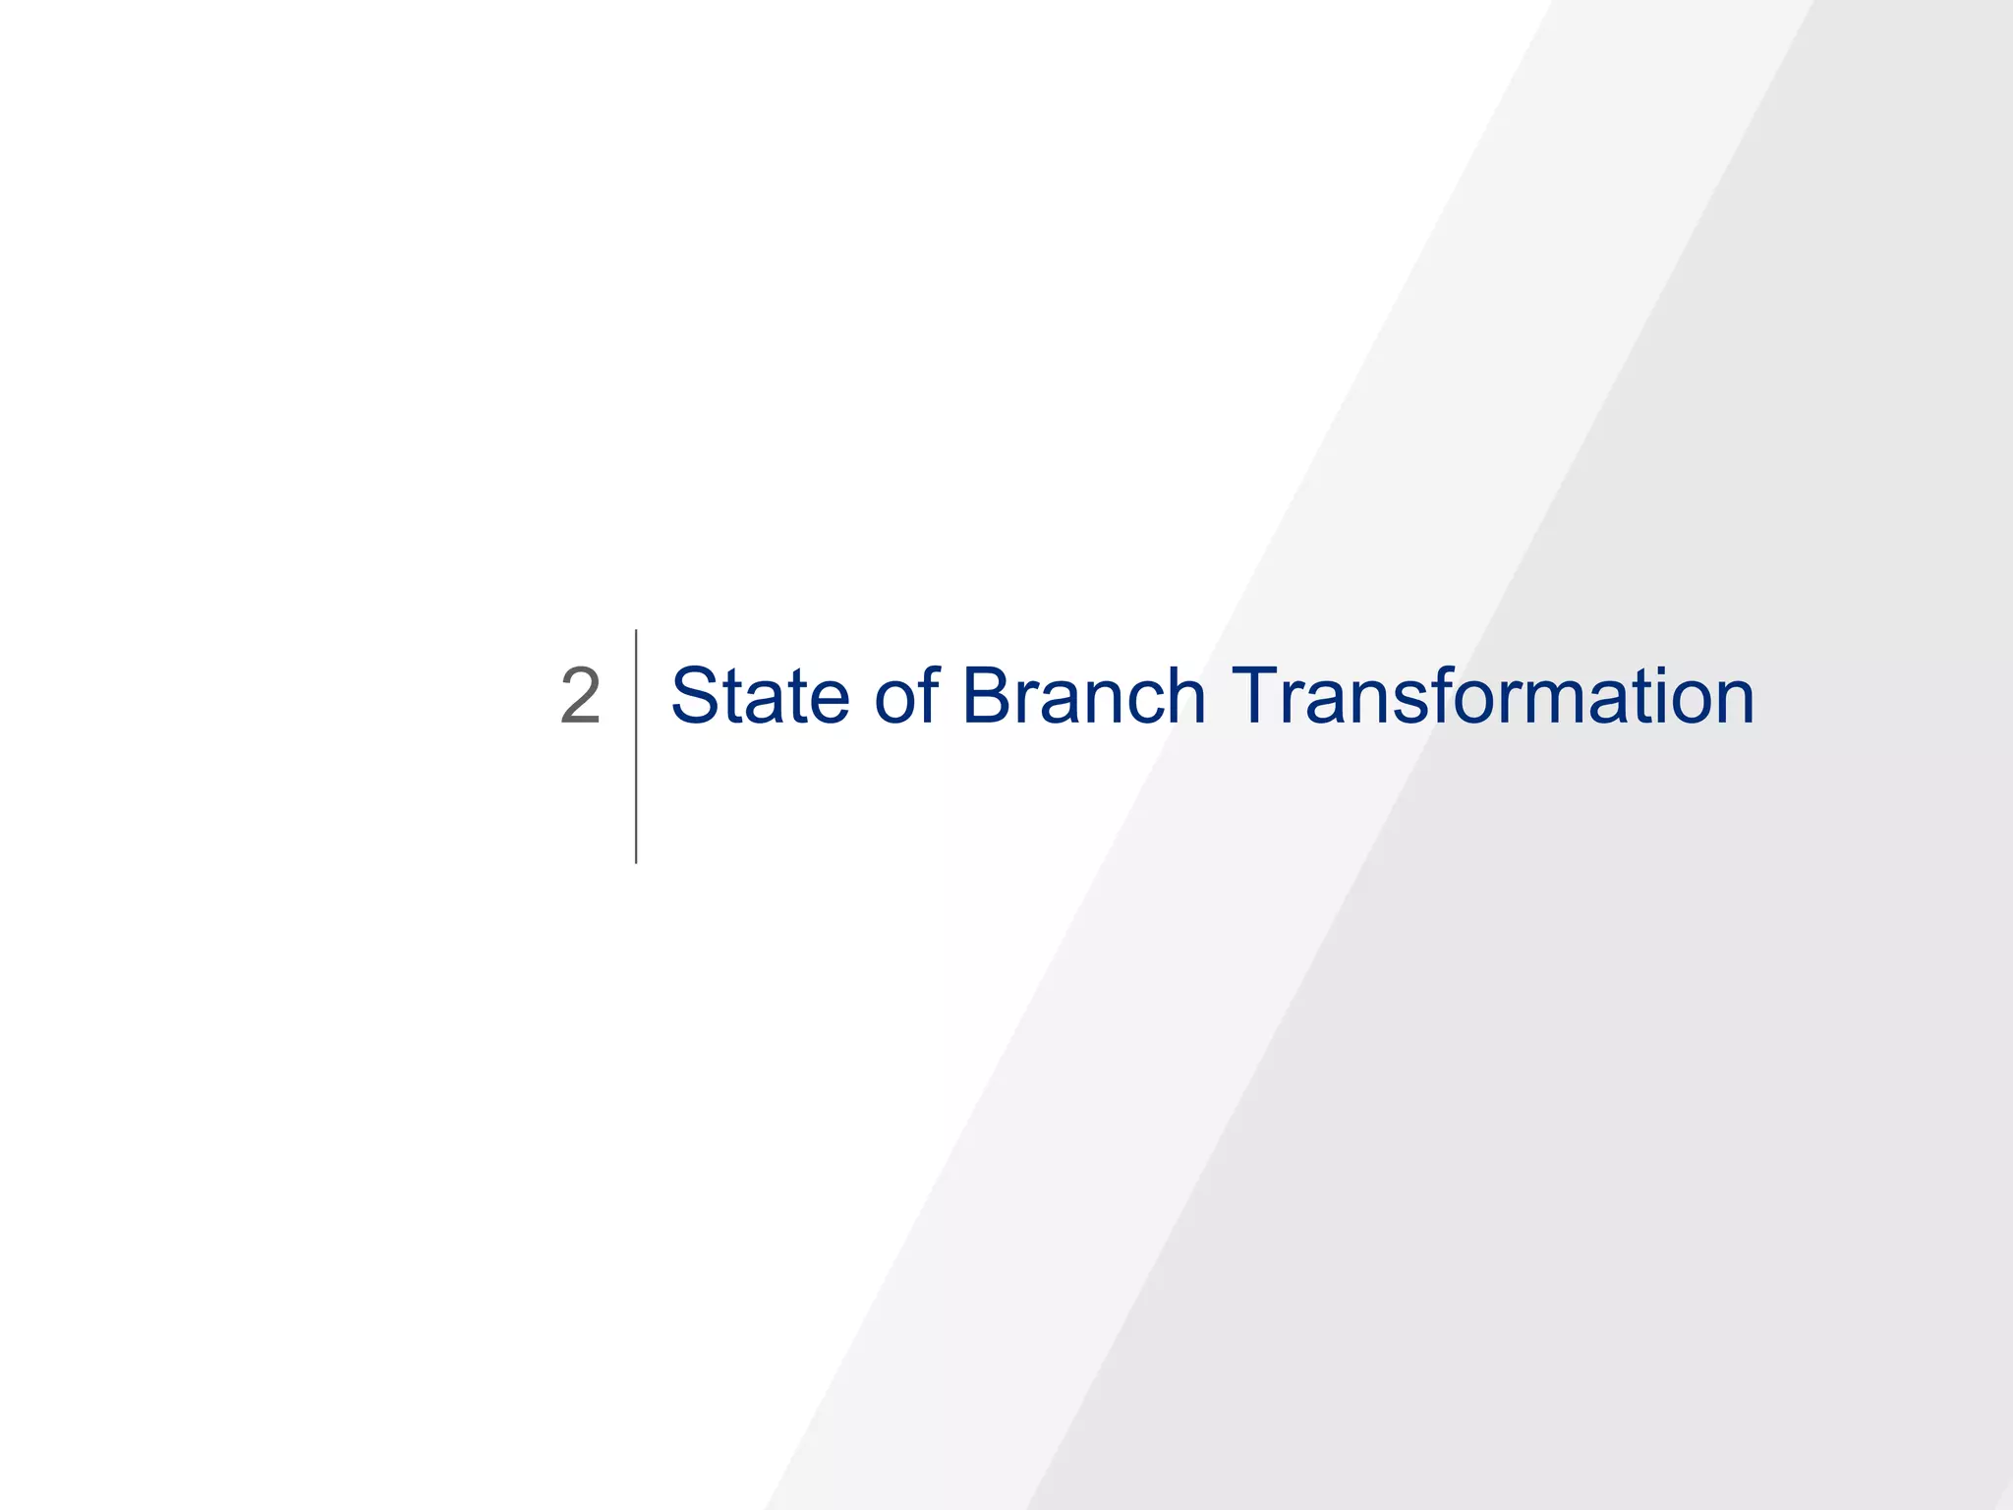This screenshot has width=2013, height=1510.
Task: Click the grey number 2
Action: point(580,696)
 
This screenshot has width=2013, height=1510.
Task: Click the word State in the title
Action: point(759,696)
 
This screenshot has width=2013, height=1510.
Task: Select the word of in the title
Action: point(906,696)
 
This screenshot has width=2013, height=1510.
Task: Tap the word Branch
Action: point(1083,696)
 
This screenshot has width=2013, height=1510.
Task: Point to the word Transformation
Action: point(1492,696)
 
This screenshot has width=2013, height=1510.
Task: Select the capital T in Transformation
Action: point(1257,696)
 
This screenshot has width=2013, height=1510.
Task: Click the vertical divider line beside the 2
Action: point(636,747)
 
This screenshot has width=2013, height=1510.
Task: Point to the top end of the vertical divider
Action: point(636,632)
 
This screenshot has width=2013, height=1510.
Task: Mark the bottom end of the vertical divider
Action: point(636,861)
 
